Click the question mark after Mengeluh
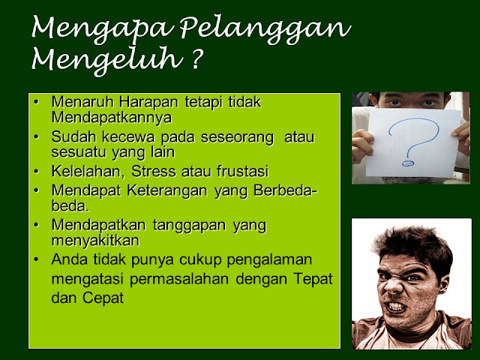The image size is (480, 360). (x=197, y=58)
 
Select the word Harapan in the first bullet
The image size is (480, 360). (x=148, y=102)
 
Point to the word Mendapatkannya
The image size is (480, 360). (x=112, y=117)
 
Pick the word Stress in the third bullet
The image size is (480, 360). (x=153, y=171)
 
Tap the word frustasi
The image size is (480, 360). (x=242, y=171)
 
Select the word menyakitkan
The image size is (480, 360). (x=95, y=241)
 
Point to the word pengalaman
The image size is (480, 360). (x=269, y=260)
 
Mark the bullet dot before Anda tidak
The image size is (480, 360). (x=37, y=259)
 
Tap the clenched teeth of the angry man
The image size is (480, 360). (x=397, y=307)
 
